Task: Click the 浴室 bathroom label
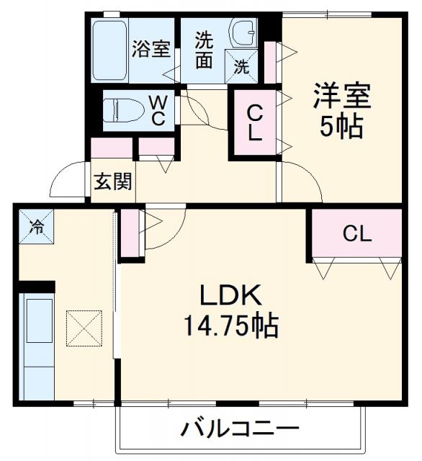[151, 50]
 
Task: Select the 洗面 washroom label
[204, 50]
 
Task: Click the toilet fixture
[121, 111]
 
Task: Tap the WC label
[158, 109]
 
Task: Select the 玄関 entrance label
[112, 182]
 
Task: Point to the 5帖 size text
[341, 127]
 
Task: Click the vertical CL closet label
[254, 122]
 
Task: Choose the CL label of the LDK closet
[356, 234]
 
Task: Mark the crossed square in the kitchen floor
[85, 328]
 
